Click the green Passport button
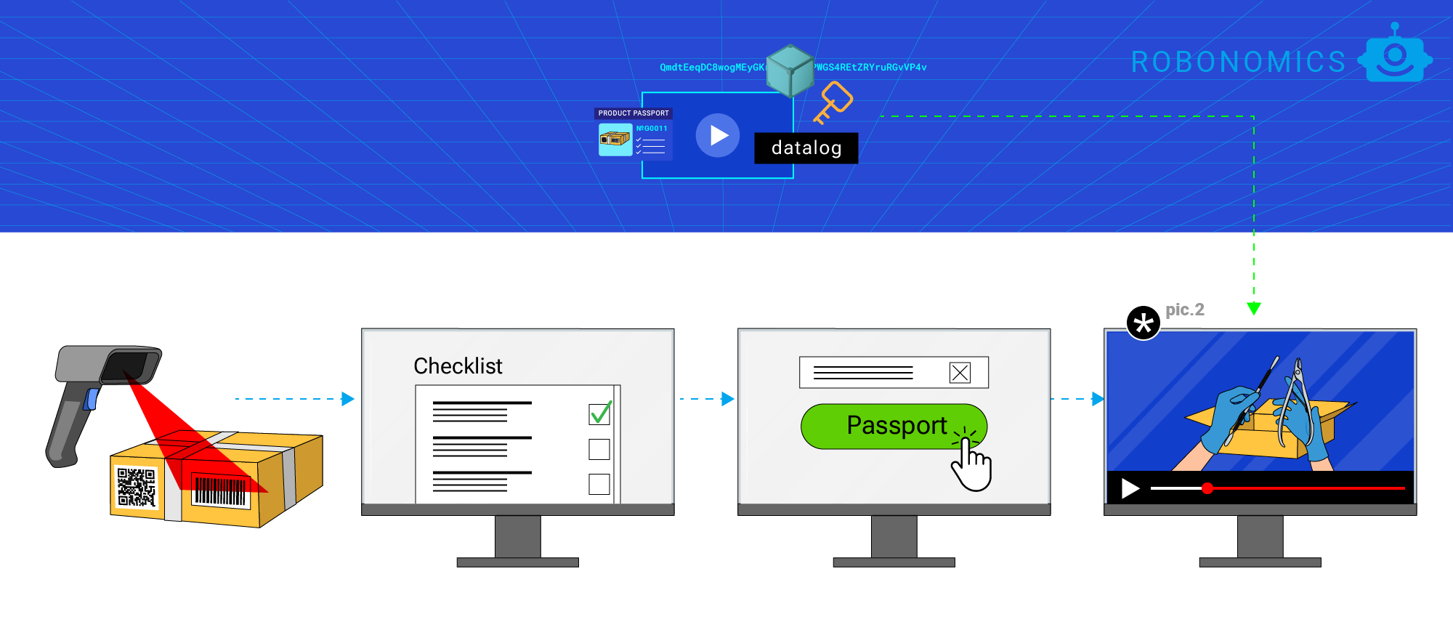pyautogui.click(x=894, y=427)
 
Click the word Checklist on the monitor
pyautogui.click(x=458, y=366)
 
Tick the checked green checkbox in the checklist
pyautogui.click(x=599, y=414)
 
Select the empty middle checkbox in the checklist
pyautogui.click(x=599, y=449)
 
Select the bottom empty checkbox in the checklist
pyautogui.click(x=599, y=484)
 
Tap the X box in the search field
pyautogui.click(x=960, y=373)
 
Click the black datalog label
pyautogui.click(x=806, y=148)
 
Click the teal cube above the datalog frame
pyautogui.click(x=790, y=70)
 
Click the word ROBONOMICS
pyautogui.click(x=1239, y=62)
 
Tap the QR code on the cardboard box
pyautogui.click(x=137, y=487)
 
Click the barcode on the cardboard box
pyautogui.click(x=220, y=492)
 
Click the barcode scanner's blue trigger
pyautogui.click(x=92, y=399)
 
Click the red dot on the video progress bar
pyautogui.click(x=1207, y=488)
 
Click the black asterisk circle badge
pyautogui.click(x=1144, y=323)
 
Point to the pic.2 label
pyautogui.click(x=1185, y=310)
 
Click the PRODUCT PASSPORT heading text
pyautogui.click(x=634, y=113)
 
